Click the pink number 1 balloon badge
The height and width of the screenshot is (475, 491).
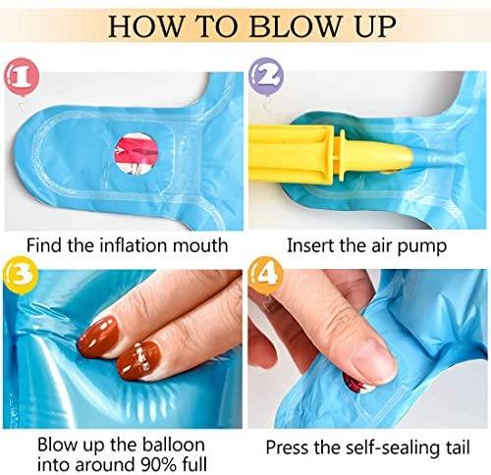(22, 77)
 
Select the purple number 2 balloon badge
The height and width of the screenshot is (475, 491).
(266, 77)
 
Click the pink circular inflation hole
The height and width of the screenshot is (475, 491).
(136, 153)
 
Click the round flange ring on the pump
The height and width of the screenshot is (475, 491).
(342, 155)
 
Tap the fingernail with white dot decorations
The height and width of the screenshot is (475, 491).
(138, 361)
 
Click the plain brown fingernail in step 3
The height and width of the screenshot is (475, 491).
(98, 337)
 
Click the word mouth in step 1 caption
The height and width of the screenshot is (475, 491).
(200, 245)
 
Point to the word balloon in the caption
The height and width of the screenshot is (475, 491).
(173, 445)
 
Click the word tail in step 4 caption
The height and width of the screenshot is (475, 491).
(458, 448)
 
